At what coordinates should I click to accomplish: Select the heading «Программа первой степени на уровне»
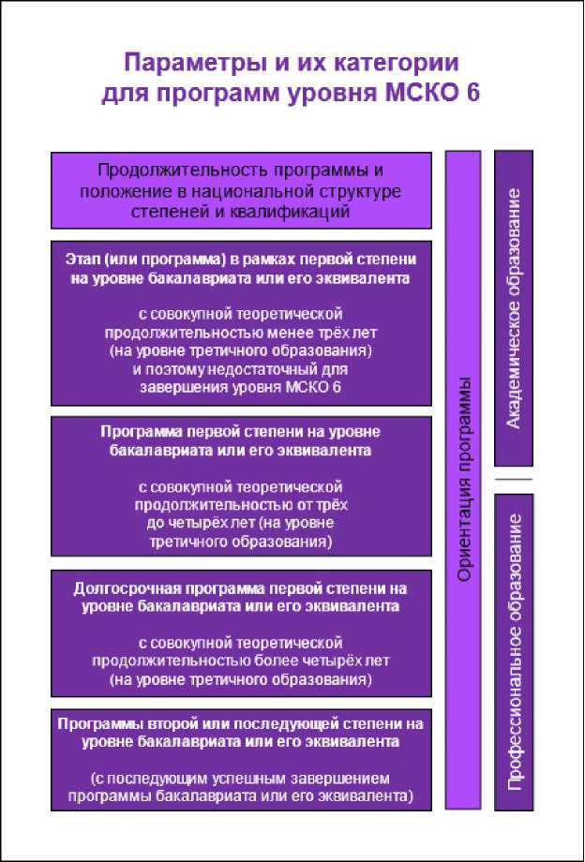click(242, 434)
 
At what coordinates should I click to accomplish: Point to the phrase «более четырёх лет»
click(348, 660)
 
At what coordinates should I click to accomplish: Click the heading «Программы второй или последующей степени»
click(242, 724)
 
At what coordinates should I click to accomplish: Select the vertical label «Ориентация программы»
click(463, 479)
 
